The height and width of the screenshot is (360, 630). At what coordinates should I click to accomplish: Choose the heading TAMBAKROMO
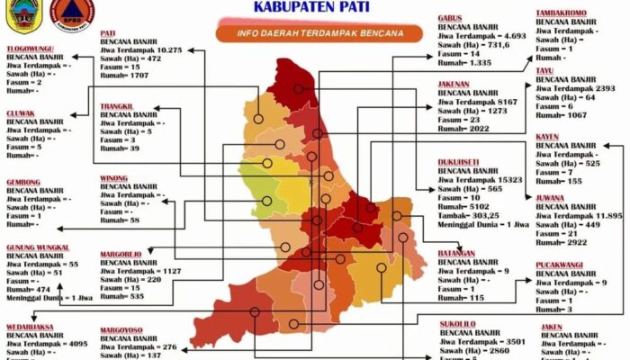pos(563,13)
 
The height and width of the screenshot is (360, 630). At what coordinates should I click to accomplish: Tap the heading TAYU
pos(545,69)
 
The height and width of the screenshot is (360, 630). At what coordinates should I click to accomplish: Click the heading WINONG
pos(113,178)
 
